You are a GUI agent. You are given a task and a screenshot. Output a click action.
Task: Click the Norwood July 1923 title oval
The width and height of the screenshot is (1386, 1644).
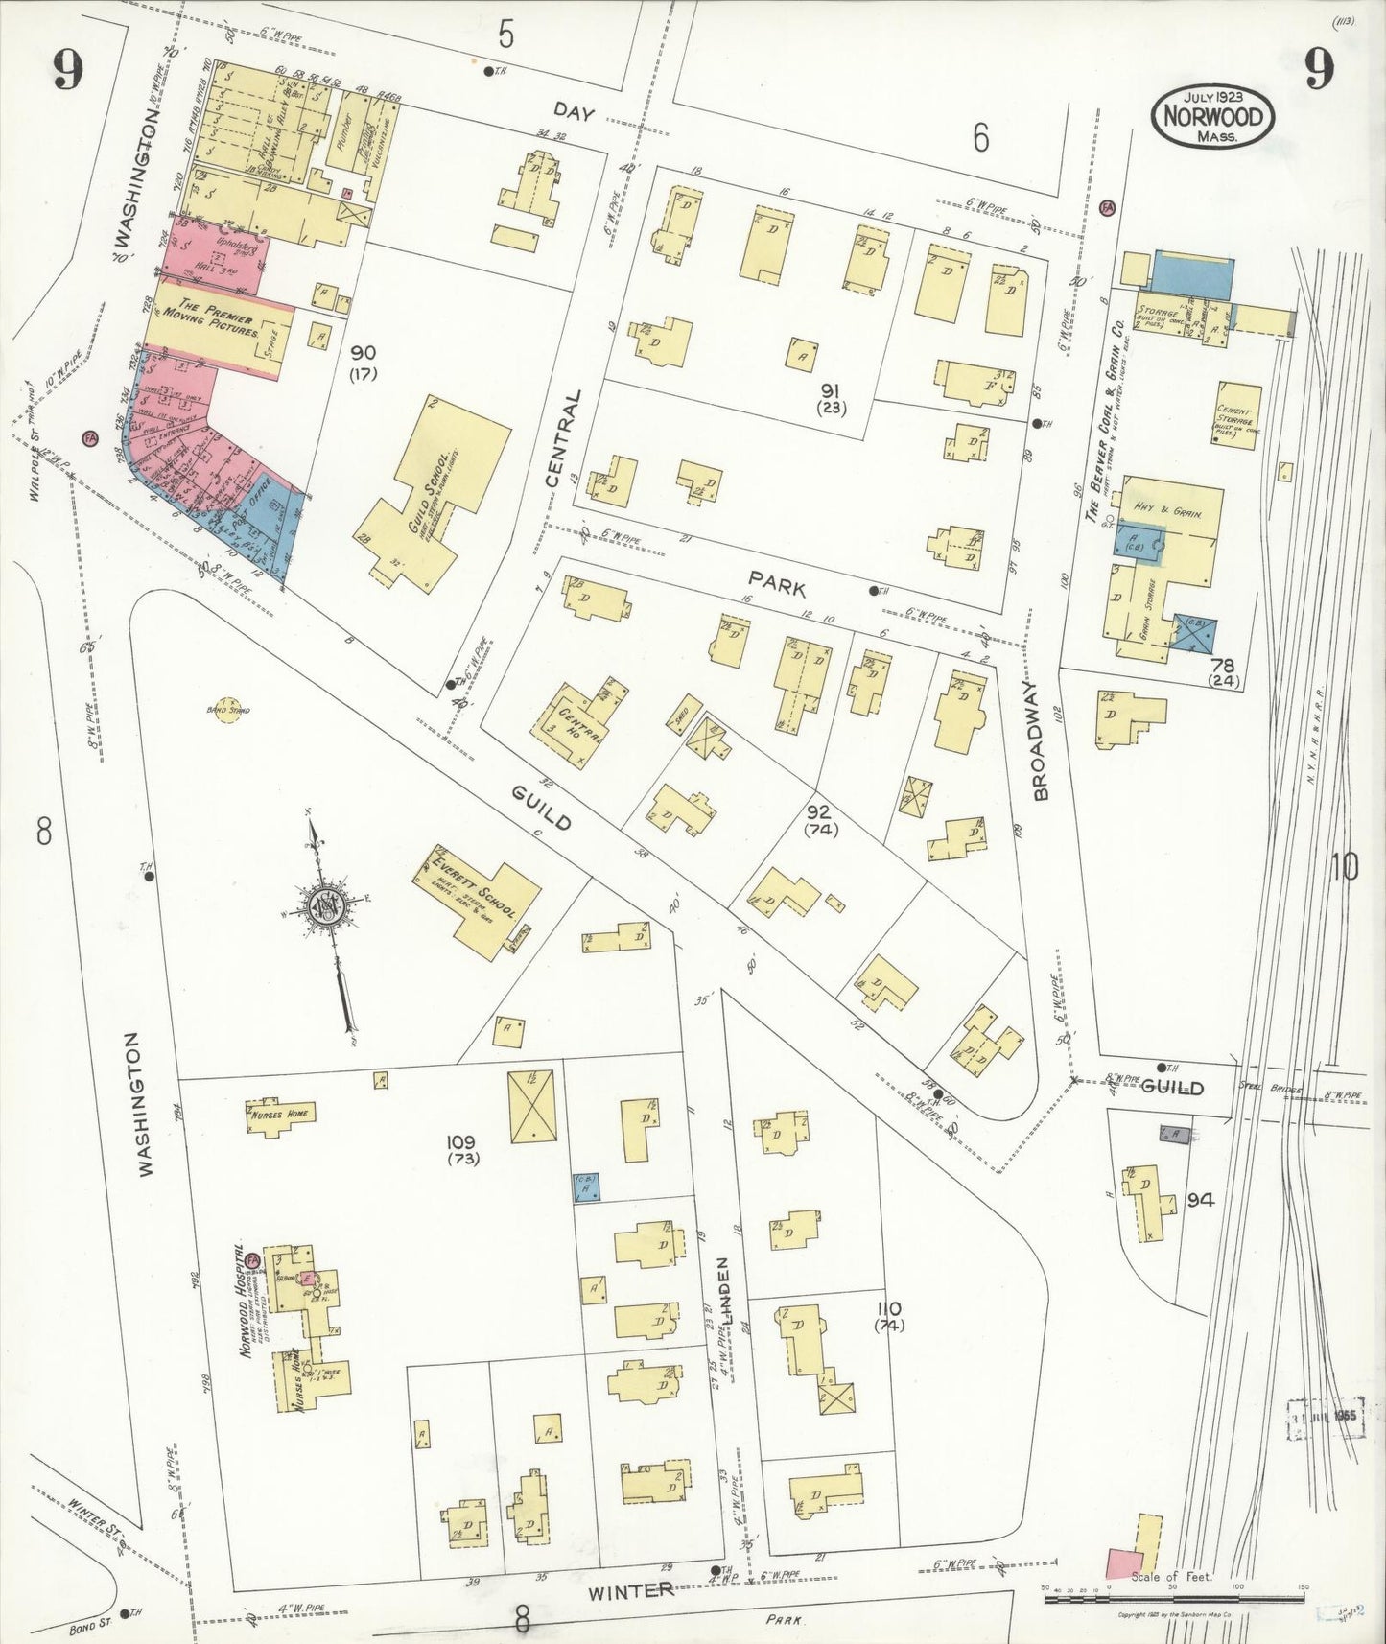tap(1213, 116)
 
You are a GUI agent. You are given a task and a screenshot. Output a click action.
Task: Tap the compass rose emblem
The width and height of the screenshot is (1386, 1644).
tap(327, 905)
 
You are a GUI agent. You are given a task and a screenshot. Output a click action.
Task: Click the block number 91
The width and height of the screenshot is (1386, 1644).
tap(831, 390)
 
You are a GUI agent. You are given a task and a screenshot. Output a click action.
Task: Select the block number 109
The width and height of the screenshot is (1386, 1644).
tap(461, 1141)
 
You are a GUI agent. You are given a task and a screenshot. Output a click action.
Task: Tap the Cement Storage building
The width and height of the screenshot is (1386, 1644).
tap(1237, 415)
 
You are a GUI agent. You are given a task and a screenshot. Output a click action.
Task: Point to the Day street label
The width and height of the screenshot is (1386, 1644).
tap(574, 113)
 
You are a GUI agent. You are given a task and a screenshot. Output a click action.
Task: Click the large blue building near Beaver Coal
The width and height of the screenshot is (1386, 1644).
tap(1192, 275)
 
